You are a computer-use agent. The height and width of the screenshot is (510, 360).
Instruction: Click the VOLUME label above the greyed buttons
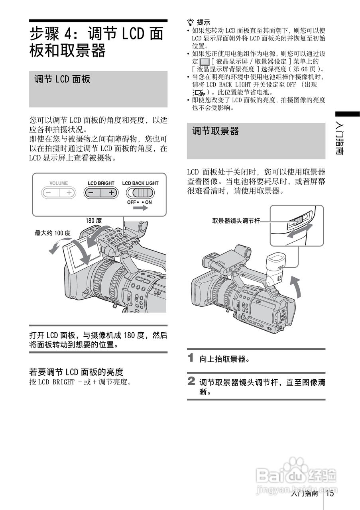[59, 183]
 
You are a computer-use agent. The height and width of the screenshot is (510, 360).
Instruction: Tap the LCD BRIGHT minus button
[92, 193]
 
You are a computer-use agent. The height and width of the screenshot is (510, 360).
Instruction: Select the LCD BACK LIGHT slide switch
[140, 193]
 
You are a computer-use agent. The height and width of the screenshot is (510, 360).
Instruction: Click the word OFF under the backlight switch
[132, 202]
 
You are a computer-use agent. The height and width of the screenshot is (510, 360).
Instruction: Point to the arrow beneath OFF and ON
[141, 208]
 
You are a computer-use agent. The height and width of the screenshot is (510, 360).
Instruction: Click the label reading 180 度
[94, 220]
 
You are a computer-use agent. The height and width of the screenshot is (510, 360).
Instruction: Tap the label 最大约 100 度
[53, 233]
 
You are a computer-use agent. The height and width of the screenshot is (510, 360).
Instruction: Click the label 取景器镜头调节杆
[236, 221]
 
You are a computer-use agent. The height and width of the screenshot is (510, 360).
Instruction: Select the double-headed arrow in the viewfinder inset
[300, 230]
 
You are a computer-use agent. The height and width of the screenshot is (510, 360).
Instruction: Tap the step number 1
[191, 358]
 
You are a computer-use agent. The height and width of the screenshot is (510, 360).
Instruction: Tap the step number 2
[191, 381]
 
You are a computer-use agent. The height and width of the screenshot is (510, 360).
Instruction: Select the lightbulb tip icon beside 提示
[190, 22]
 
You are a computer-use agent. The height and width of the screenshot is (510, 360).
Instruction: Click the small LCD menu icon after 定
[204, 62]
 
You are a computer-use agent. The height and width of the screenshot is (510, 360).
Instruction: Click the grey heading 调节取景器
[215, 131]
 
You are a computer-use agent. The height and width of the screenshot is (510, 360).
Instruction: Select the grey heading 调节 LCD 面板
[62, 79]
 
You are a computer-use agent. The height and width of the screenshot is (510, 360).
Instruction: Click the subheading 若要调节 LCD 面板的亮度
[76, 372]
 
